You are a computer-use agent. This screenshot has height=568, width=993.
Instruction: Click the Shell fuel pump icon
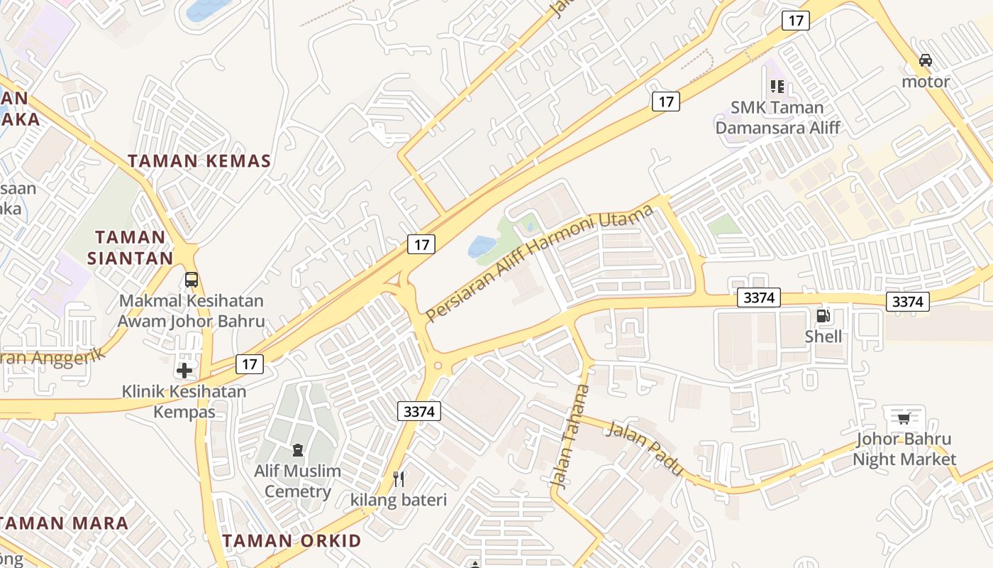coord(823,316)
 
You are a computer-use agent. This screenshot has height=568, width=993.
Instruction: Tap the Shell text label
coord(823,337)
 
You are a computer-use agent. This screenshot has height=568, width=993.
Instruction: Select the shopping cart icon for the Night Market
coord(904,418)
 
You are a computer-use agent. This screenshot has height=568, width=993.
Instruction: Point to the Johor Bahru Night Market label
coord(904,449)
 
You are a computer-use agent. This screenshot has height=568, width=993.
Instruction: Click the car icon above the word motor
coord(926,60)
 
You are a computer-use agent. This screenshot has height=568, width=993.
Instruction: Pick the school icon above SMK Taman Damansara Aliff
coord(777,87)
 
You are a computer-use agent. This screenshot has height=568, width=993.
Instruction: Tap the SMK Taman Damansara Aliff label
coord(777,118)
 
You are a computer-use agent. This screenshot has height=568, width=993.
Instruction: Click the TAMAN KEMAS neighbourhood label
coord(199,160)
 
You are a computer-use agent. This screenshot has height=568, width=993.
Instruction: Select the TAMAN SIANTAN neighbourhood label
coord(131,247)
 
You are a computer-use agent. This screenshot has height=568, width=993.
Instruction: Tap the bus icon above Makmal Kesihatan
coord(192,280)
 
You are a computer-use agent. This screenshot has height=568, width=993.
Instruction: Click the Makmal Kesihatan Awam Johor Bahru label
coord(191,311)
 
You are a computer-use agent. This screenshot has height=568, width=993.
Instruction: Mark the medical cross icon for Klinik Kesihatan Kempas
coord(184,370)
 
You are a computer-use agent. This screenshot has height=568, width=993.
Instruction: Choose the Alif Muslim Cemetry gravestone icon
coord(297,449)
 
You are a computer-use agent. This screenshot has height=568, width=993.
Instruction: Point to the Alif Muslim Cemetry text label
coord(297,481)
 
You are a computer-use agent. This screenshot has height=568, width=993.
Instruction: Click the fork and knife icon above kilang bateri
coord(399,479)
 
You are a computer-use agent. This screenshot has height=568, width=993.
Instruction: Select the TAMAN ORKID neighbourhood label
coord(292,540)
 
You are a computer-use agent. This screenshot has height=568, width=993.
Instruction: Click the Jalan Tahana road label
coord(570,436)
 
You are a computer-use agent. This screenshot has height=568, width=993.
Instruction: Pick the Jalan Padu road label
coord(645,448)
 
